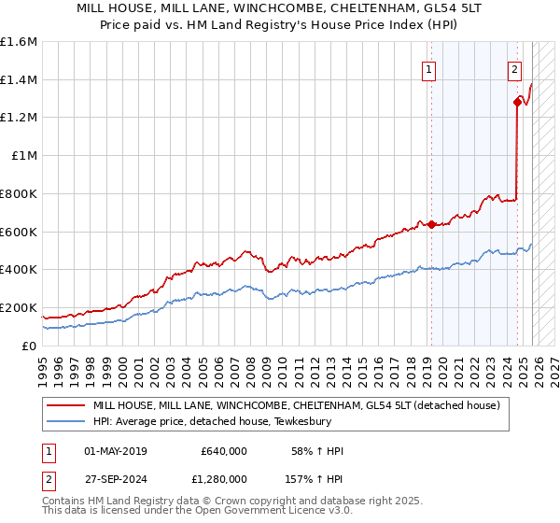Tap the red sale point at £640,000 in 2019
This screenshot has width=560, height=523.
point(431,224)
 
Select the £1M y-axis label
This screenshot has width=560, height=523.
point(23,156)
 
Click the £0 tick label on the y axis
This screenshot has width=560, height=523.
point(28,346)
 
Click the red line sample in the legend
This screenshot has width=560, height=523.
point(66,405)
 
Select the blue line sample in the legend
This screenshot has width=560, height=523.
point(66,421)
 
